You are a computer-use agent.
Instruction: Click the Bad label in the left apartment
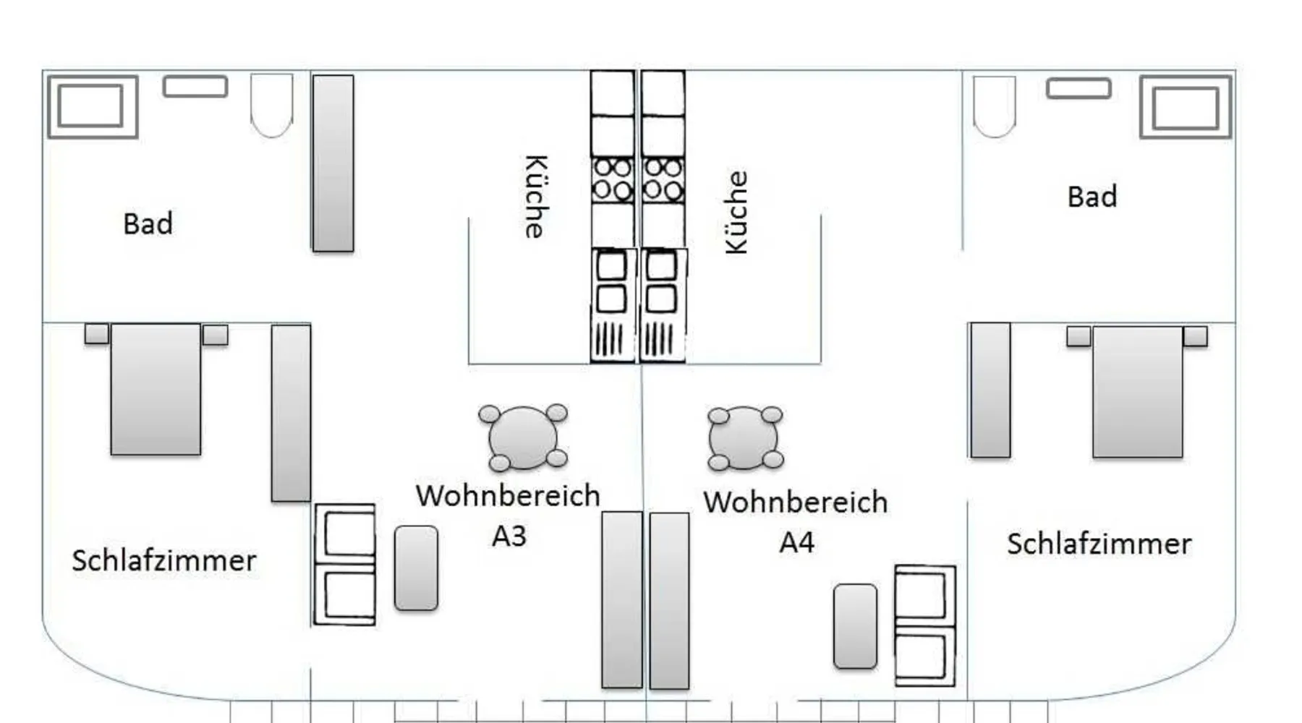coord(148,224)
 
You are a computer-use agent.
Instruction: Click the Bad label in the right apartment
coord(1092,197)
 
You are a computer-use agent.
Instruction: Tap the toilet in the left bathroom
coord(271,104)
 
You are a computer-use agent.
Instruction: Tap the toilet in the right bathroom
coord(994,106)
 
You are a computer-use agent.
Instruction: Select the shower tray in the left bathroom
coord(92,106)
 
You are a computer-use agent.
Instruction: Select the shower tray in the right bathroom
coord(1185,107)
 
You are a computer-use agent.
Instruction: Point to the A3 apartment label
coord(509,536)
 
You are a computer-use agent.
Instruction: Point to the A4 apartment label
coord(796,542)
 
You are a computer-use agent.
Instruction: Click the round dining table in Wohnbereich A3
coord(522,437)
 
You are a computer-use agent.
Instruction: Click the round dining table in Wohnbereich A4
coord(744,438)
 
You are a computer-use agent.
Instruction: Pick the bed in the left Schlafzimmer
coord(156,389)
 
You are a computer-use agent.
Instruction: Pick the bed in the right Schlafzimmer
coord(1137,391)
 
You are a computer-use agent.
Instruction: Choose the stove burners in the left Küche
coord(612,179)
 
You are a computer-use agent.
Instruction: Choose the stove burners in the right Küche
coord(663,179)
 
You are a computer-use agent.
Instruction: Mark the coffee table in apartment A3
coord(416,568)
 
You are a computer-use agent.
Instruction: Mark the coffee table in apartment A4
coord(855,626)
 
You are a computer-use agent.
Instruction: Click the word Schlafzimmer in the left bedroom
coord(164,561)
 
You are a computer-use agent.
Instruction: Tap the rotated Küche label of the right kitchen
coord(736,213)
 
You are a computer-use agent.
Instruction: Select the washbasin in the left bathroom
coord(195,87)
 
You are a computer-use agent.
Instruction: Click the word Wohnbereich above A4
coord(795,502)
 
